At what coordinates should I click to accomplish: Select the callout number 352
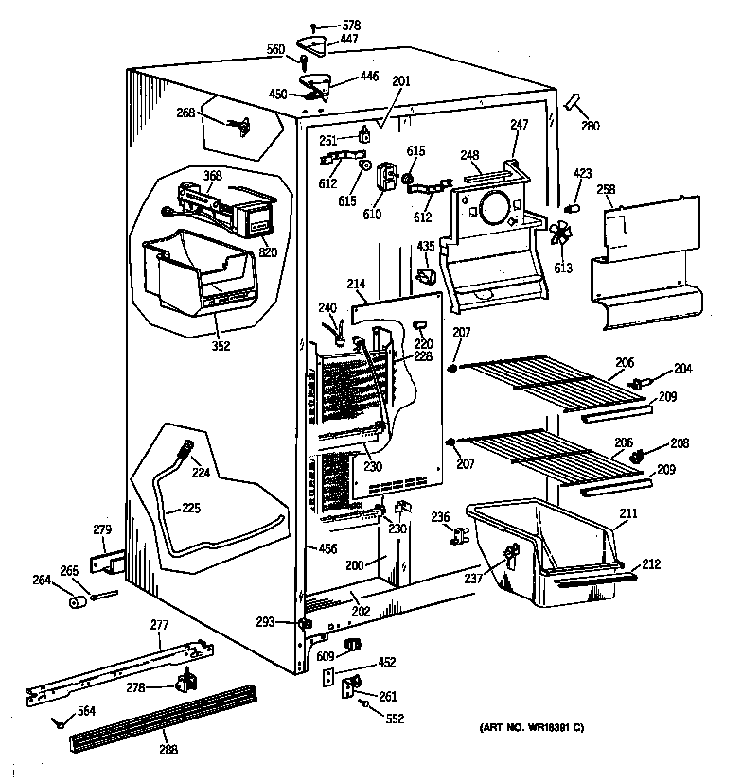tap(220, 344)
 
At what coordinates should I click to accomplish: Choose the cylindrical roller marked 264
tap(74, 603)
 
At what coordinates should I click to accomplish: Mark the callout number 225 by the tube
tap(191, 508)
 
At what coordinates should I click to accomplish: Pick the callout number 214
tap(356, 283)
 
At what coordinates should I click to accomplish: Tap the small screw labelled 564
tap(60, 724)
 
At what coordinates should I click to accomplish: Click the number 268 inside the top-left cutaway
tap(185, 113)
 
